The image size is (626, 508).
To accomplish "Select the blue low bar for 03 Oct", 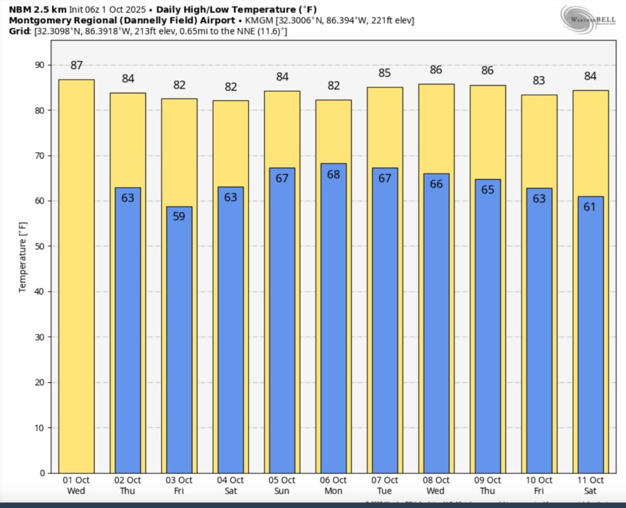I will tap(179, 342).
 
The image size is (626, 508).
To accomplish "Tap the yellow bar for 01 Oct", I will tap(76, 275).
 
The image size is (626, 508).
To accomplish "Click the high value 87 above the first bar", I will tap(76, 65).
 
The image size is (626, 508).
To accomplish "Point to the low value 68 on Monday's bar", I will tap(333, 174).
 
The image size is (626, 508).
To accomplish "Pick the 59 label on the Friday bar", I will tap(179, 216).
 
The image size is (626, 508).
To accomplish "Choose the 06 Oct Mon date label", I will tap(333, 485).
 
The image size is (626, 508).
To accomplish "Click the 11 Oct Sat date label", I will tap(590, 485).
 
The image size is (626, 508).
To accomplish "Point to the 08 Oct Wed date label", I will tap(436, 485).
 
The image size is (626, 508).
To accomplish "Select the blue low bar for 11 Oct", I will tap(590, 336).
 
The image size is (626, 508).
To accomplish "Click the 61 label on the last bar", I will tap(590, 207).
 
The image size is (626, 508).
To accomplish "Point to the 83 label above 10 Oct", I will tap(539, 80).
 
